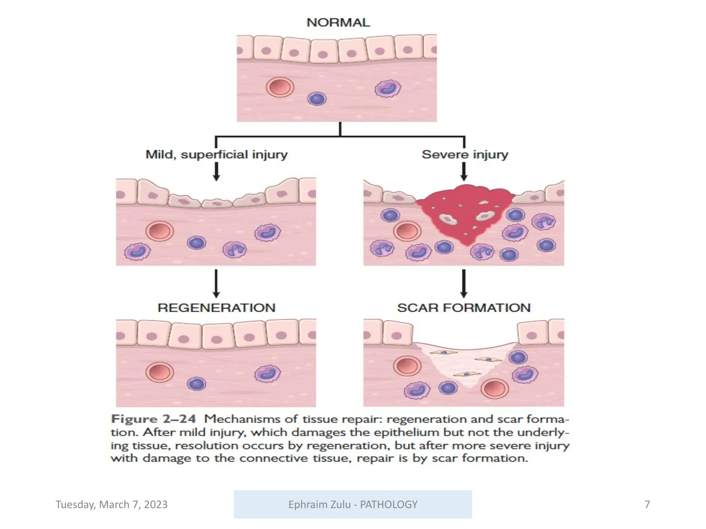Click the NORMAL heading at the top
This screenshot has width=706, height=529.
pyautogui.click(x=338, y=23)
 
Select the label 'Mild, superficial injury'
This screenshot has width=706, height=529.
pyautogui.click(x=216, y=155)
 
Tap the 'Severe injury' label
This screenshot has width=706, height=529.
pyautogui.click(x=465, y=155)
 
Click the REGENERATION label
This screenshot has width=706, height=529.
pyautogui.click(x=216, y=308)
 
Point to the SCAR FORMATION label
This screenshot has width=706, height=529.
pyautogui.click(x=464, y=308)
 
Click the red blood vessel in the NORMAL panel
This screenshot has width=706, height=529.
pyautogui.click(x=280, y=87)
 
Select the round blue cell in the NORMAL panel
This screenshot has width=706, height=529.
pyautogui.click(x=317, y=99)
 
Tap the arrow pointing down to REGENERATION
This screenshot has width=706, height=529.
pyautogui.click(x=216, y=283)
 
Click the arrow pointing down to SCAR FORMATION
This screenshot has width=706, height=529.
pyautogui.click(x=464, y=283)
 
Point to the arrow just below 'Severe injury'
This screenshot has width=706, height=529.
pyautogui.click(x=464, y=172)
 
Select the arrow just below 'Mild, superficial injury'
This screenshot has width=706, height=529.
pyautogui.click(x=216, y=172)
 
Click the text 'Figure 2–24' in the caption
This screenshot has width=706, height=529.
pyautogui.click(x=153, y=419)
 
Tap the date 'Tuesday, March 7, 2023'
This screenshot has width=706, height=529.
pyautogui.click(x=111, y=505)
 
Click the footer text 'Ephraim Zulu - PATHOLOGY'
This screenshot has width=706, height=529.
pyautogui.click(x=353, y=505)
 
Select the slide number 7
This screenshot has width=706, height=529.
pyautogui.click(x=647, y=505)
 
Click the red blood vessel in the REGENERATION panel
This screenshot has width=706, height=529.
pyautogui.click(x=160, y=372)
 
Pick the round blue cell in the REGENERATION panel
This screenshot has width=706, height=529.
pyautogui.click(x=196, y=384)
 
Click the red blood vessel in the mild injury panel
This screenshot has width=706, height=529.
pyautogui.click(x=160, y=231)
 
